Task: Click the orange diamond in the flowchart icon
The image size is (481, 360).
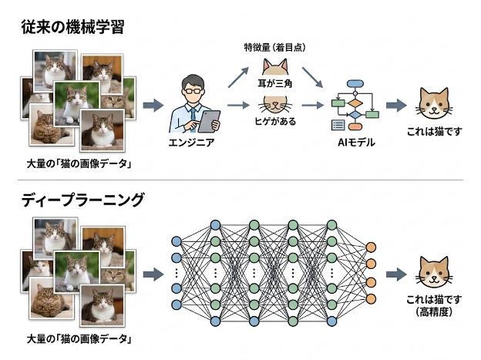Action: pyautogui.click(x=355, y=100)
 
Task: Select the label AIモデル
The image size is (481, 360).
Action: pyautogui.click(x=355, y=143)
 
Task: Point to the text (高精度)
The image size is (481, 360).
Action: pyautogui.click(x=437, y=310)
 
